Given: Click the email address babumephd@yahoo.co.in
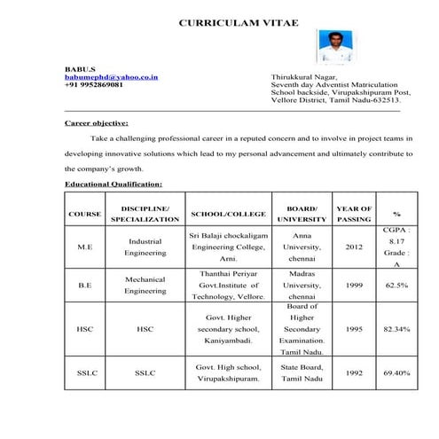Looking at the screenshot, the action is point(112,77).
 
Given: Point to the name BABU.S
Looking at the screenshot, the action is point(77,68).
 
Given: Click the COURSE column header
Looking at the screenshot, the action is point(84,214).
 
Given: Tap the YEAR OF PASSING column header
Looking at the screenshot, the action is point(355,214).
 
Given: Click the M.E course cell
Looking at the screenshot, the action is point(85,247).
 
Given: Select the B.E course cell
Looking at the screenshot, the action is point(85,286).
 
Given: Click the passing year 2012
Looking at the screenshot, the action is point(355,247).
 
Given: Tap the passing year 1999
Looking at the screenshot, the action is point(355,286).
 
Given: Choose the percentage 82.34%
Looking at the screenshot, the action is point(396,328).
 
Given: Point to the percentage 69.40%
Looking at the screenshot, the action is point(396,372).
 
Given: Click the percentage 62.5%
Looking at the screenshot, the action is point(396,286).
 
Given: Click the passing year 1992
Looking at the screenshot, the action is point(355,372).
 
